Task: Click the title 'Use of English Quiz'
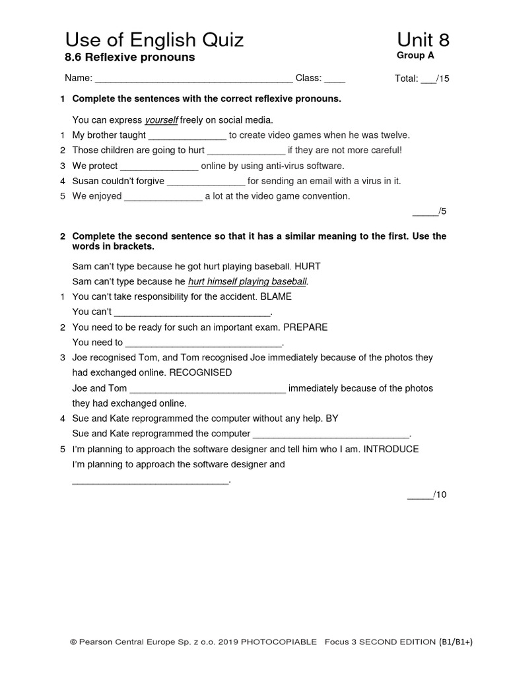tap(154, 40)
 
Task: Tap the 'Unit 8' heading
tap(423, 40)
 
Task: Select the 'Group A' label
tap(415, 55)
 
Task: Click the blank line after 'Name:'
tap(194, 79)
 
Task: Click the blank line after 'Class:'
tap(335, 79)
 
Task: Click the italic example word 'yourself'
tap(161, 120)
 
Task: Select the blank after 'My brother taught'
tap(187, 135)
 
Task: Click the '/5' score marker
tap(441, 211)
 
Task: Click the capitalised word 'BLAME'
tap(276, 296)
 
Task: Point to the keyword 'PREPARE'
tap(306, 327)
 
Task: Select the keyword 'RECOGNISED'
tap(201, 372)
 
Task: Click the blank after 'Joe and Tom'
tap(208, 389)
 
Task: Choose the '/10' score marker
tap(440, 494)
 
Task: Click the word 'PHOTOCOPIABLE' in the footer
tap(279, 641)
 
